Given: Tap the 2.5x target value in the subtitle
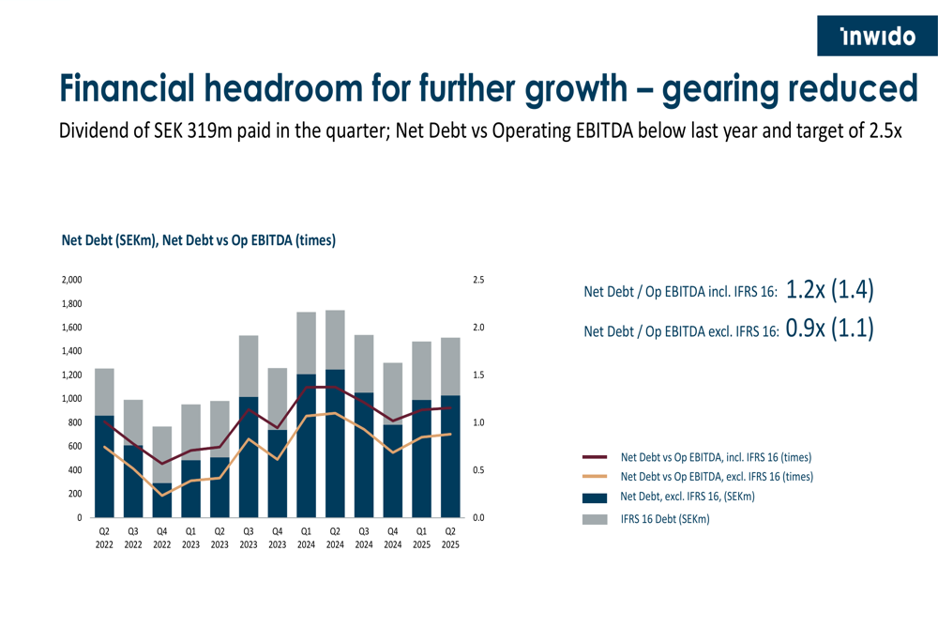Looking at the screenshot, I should [881, 130].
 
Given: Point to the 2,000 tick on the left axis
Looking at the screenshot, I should [71, 280].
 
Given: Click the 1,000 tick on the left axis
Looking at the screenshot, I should [71, 399].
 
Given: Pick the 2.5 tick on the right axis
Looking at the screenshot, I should [477, 280].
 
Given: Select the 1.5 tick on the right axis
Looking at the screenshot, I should [477, 375].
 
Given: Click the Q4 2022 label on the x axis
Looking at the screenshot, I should [162, 537].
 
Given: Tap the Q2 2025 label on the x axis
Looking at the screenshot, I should [450, 537].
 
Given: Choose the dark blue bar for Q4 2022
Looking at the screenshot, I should [162, 500].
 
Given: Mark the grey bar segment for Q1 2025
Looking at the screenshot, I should [422, 371].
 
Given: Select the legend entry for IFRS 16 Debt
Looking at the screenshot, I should [665, 518].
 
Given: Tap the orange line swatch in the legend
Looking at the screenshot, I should [595, 477].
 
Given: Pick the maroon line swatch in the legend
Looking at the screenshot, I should [595, 457].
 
